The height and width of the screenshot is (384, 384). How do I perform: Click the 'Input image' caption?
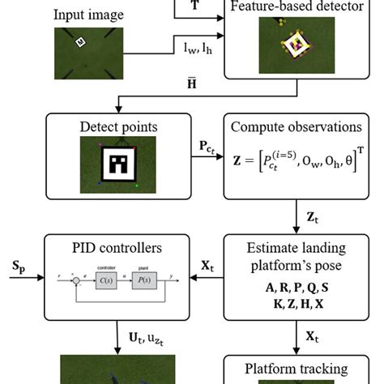[x=88, y=15]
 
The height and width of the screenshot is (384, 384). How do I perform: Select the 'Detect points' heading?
[x=117, y=126]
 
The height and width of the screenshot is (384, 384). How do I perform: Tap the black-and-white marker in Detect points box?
[x=118, y=164]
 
